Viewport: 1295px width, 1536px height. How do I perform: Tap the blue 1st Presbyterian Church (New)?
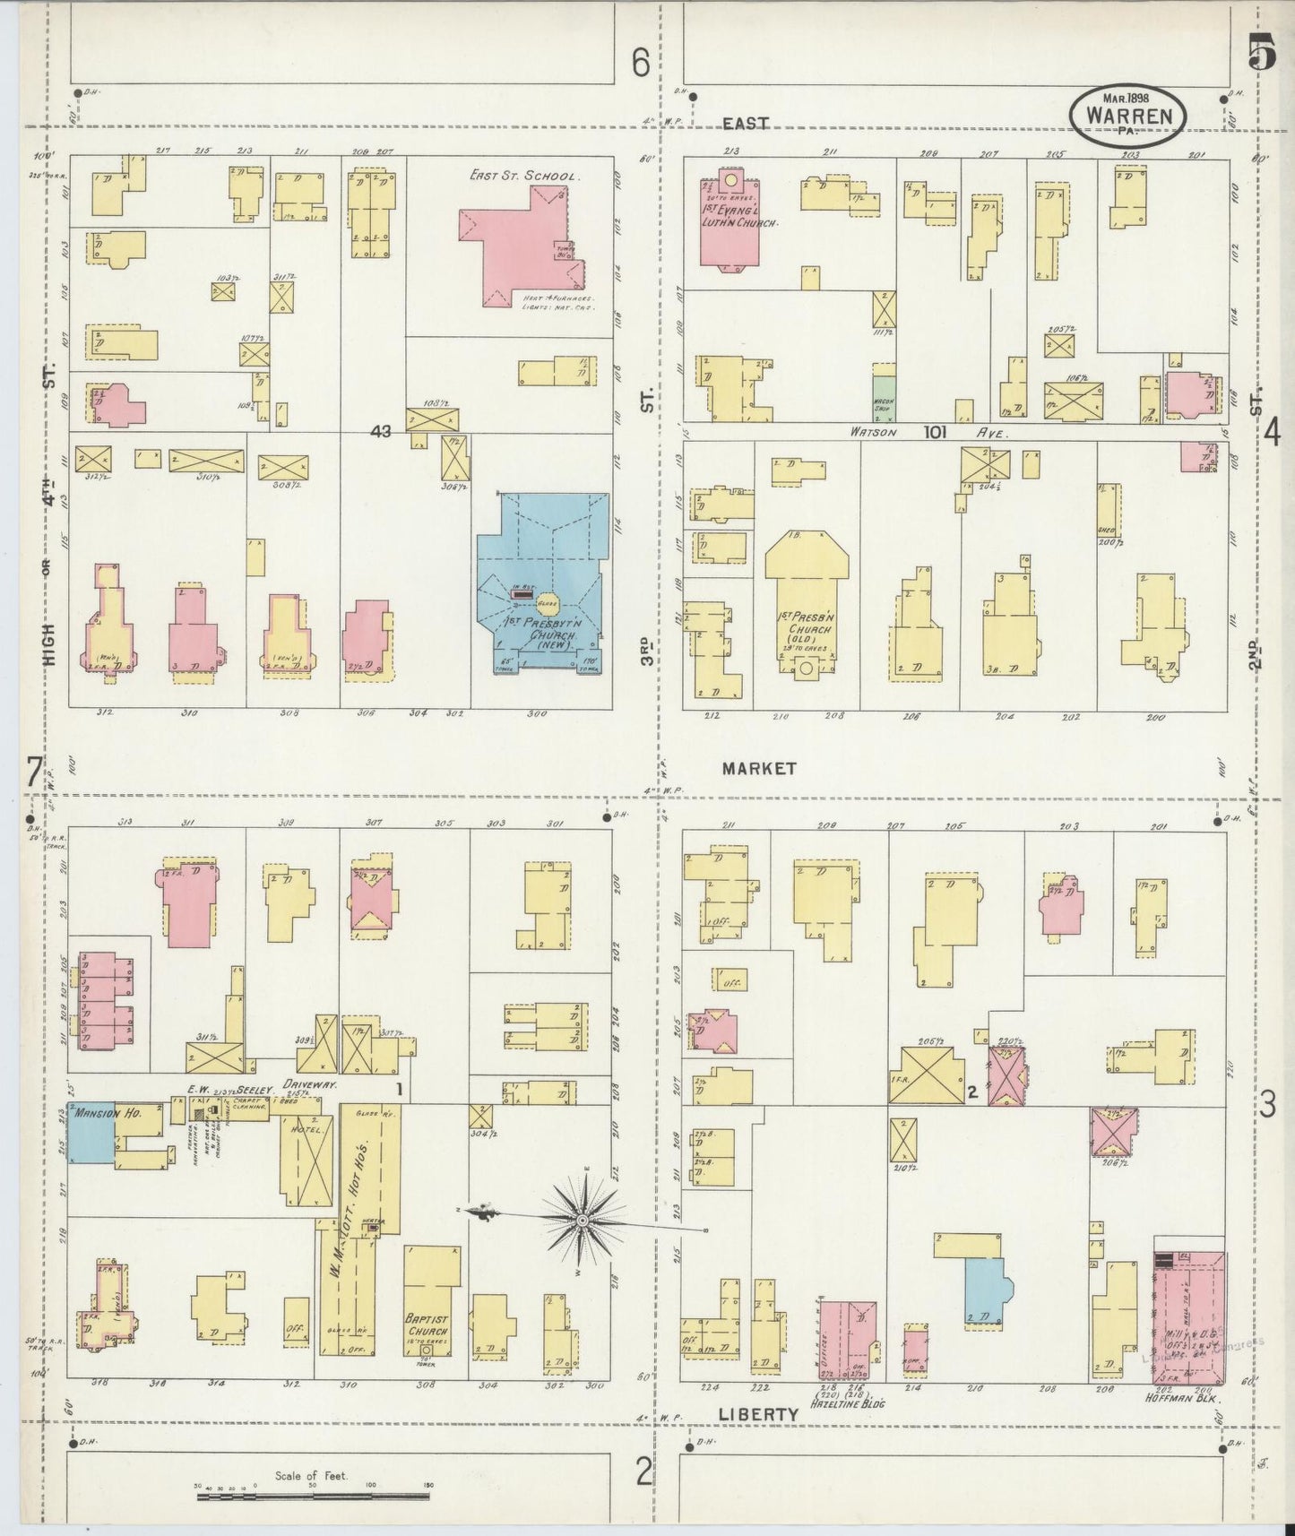[541, 582]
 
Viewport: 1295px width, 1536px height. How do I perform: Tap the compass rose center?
[583, 1221]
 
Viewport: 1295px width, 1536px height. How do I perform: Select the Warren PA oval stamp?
[1128, 116]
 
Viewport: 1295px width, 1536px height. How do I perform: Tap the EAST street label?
[746, 124]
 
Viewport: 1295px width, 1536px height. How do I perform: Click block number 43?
[381, 431]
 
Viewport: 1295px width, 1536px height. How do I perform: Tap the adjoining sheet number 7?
[34, 772]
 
